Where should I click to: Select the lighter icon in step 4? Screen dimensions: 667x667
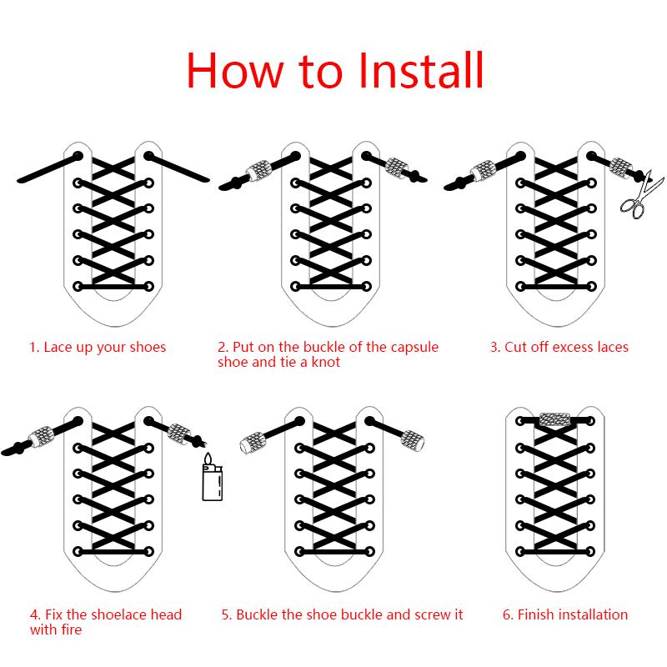213,479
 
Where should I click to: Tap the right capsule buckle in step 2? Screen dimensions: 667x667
397,167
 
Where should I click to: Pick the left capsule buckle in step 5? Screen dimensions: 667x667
254,441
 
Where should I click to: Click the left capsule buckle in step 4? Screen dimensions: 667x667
40,436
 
